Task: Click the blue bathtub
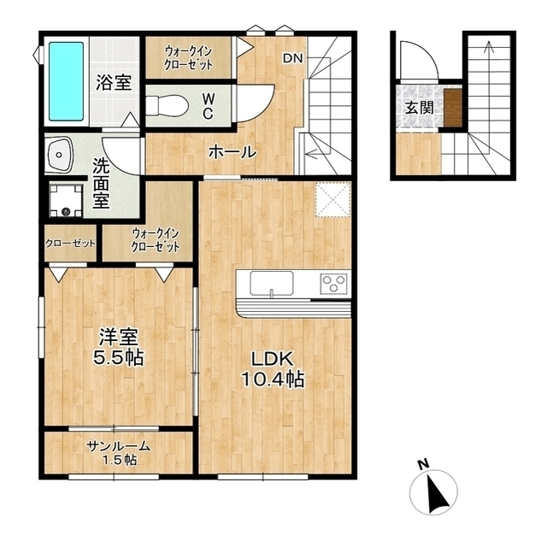tap(66, 81)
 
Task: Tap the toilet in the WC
tap(168, 105)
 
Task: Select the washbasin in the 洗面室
tap(59, 155)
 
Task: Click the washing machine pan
tap(66, 200)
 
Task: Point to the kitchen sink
tap(272, 283)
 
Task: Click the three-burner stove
tap(334, 283)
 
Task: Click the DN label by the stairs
tap(293, 58)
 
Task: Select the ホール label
tap(232, 152)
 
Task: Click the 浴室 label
tap(114, 82)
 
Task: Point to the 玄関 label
tap(419, 108)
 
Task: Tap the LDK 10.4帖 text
tap(273, 369)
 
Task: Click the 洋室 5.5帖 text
tap(118, 347)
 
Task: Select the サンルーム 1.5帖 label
tap(119, 452)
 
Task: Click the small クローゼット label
tap(70, 243)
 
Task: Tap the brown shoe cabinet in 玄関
tap(453, 108)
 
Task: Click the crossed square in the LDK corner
tap(332, 199)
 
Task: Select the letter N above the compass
tap(424, 464)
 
